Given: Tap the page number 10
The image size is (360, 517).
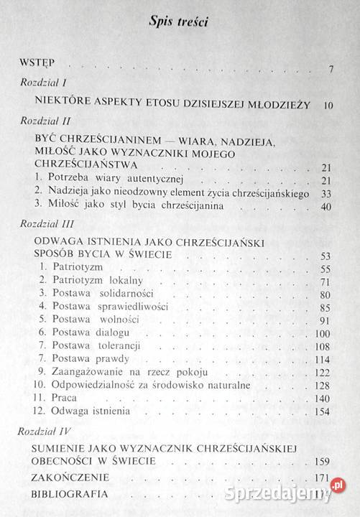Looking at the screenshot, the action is point(329,106).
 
